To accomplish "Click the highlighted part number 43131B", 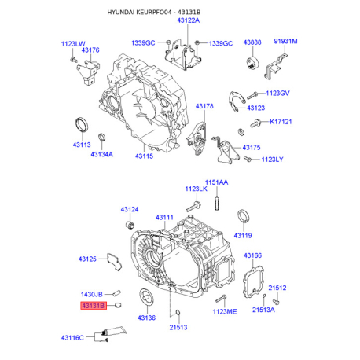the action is point(94,306).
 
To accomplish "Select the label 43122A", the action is point(189,20).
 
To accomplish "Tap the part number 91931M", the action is point(285,41).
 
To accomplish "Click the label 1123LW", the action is point(73,44).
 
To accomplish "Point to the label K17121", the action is point(281,122).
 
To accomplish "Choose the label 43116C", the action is point(72,338).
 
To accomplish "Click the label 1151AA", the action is point(216,182).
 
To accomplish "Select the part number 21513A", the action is point(263,310).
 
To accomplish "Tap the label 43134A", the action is point(102,154).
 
